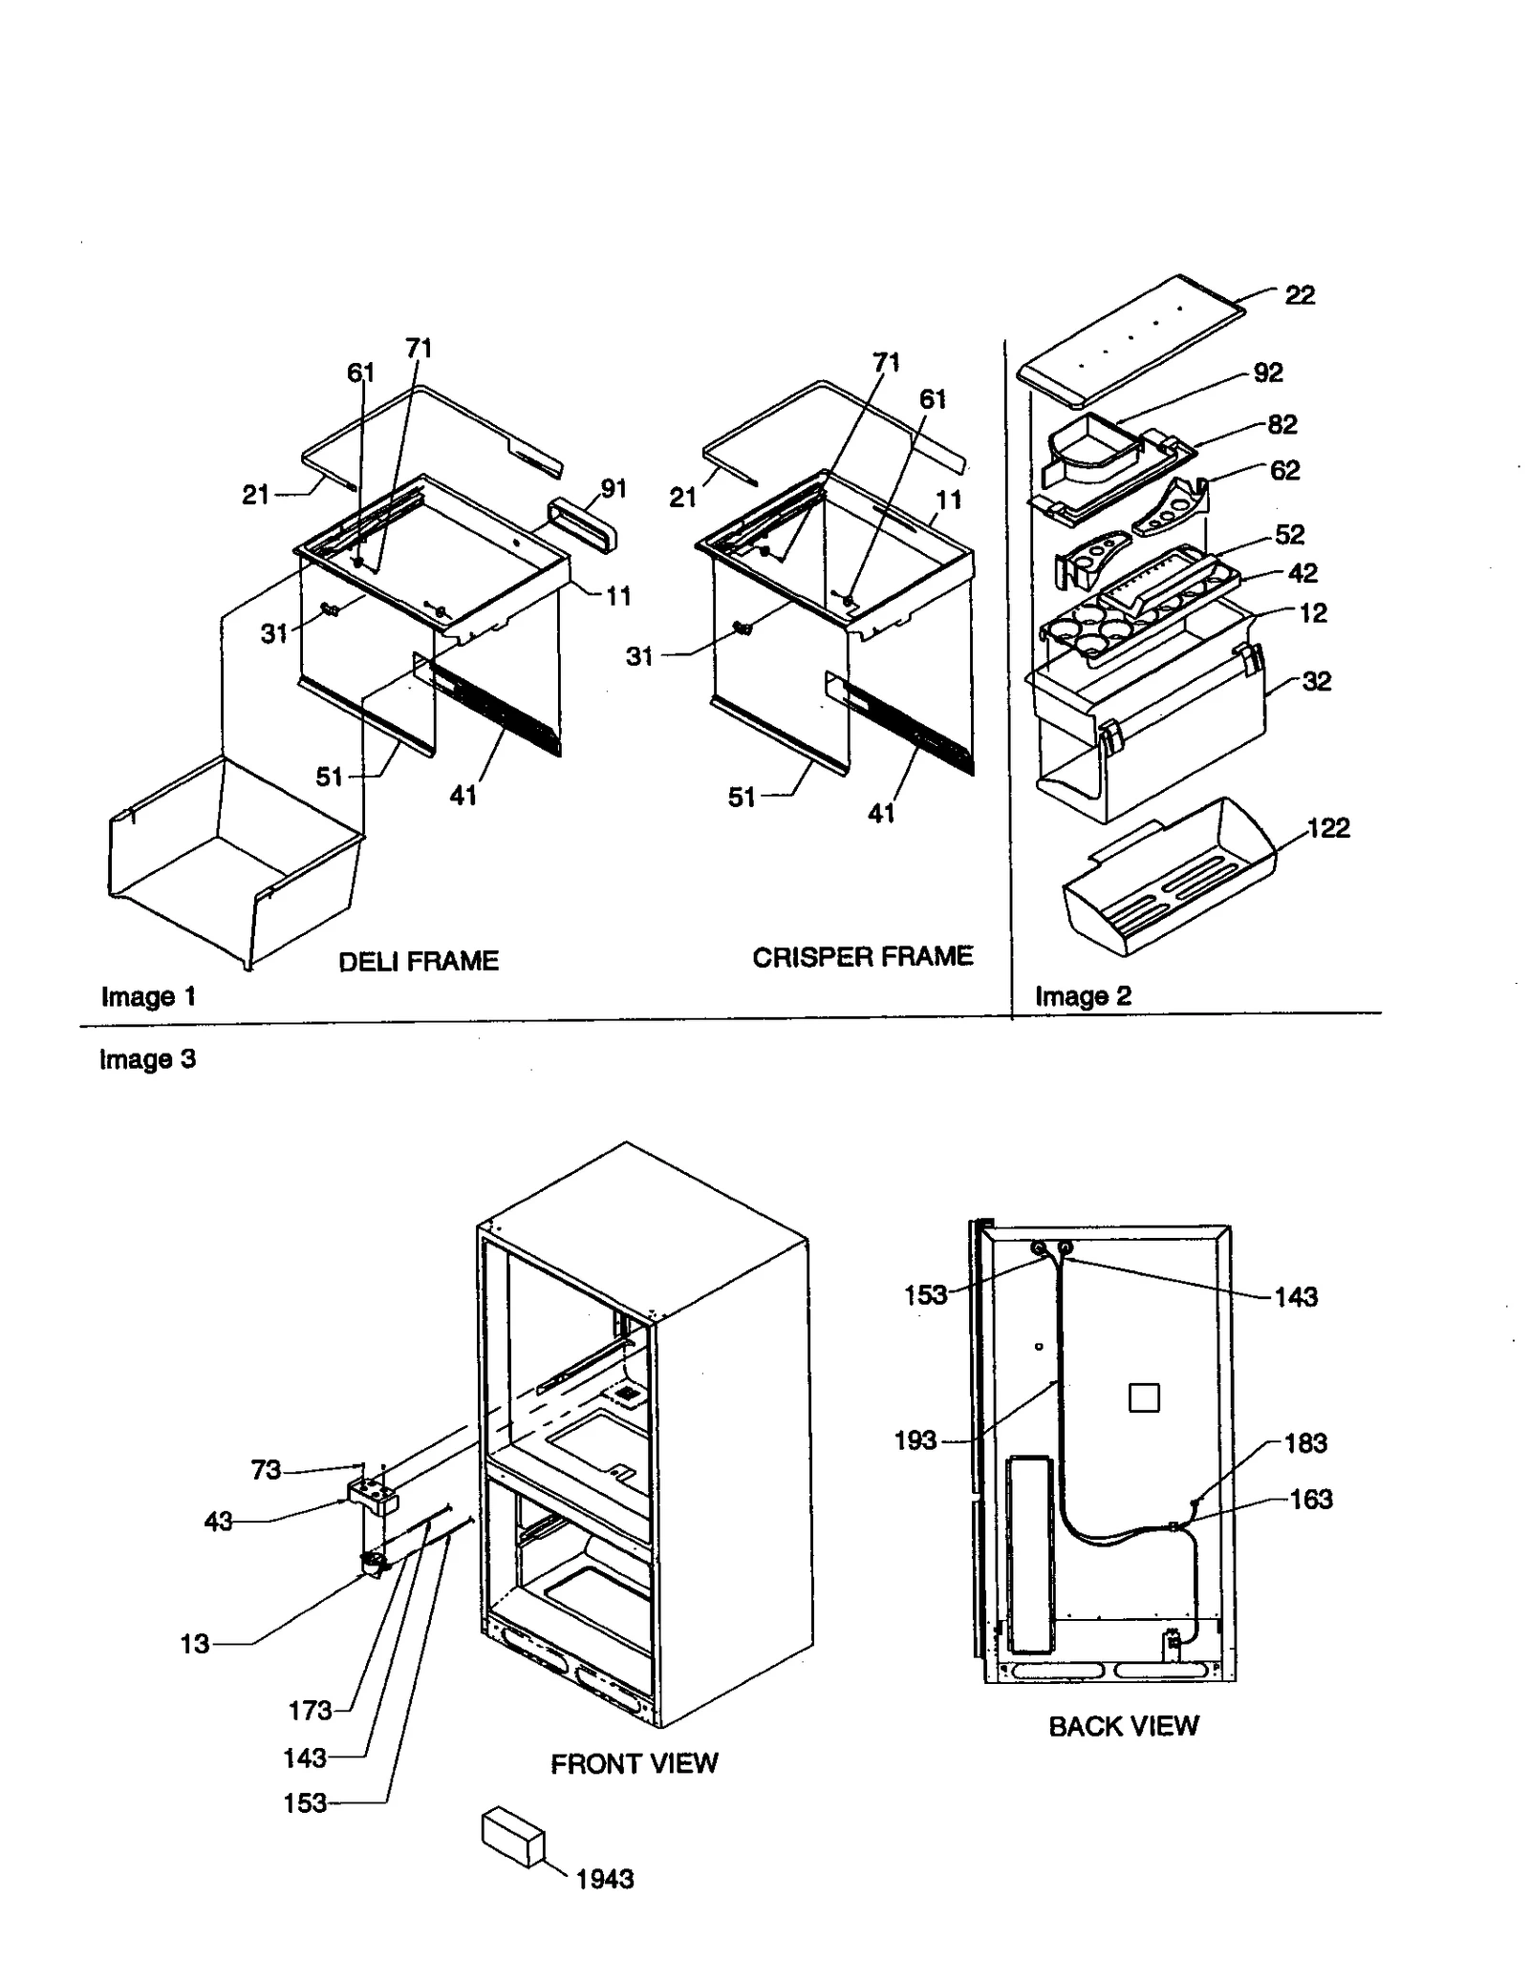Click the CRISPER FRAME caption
862,956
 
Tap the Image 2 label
1082,995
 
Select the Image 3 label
147,1058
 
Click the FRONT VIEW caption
634,1762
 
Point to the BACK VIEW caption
1123,1725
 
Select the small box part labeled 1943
512,1835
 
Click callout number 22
1299,294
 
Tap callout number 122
1328,827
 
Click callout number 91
613,488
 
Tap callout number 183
1305,1442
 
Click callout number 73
266,1469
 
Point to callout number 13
194,1643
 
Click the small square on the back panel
1143,1397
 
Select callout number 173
310,1710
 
